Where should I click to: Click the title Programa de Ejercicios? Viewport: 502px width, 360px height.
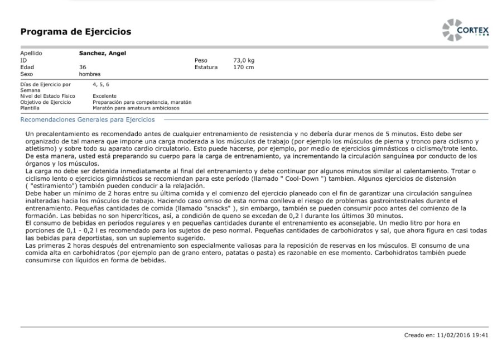coord(76,32)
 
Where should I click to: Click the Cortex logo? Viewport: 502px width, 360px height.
coord(466,30)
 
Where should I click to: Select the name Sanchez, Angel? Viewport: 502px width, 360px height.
coord(102,54)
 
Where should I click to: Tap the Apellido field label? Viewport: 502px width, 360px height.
coord(31,54)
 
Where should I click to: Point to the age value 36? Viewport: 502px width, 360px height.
coord(83,67)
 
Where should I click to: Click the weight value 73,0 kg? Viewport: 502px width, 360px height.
coord(244,60)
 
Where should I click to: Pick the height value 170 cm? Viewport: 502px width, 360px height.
coord(243,67)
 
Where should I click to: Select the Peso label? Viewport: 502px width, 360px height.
coord(201,60)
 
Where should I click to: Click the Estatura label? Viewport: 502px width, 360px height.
coord(206,67)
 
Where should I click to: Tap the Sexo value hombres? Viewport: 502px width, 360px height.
coord(90,74)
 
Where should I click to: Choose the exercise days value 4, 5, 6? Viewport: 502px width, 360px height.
coord(101,84)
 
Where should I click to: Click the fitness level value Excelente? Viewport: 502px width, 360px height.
coord(105,96)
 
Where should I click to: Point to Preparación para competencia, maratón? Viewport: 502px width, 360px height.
coord(142,102)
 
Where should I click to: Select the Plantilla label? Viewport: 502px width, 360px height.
coord(30,108)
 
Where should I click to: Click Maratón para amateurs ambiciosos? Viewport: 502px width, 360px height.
coord(136,108)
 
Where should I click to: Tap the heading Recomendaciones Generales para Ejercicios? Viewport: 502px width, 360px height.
coord(88,119)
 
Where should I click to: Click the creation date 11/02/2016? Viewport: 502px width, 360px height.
coord(452,335)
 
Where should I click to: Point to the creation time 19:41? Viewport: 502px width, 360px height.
coord(481,335)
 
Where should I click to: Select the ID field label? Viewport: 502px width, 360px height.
coord(23,60)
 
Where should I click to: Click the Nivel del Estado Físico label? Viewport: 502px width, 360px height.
coord(48,96)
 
